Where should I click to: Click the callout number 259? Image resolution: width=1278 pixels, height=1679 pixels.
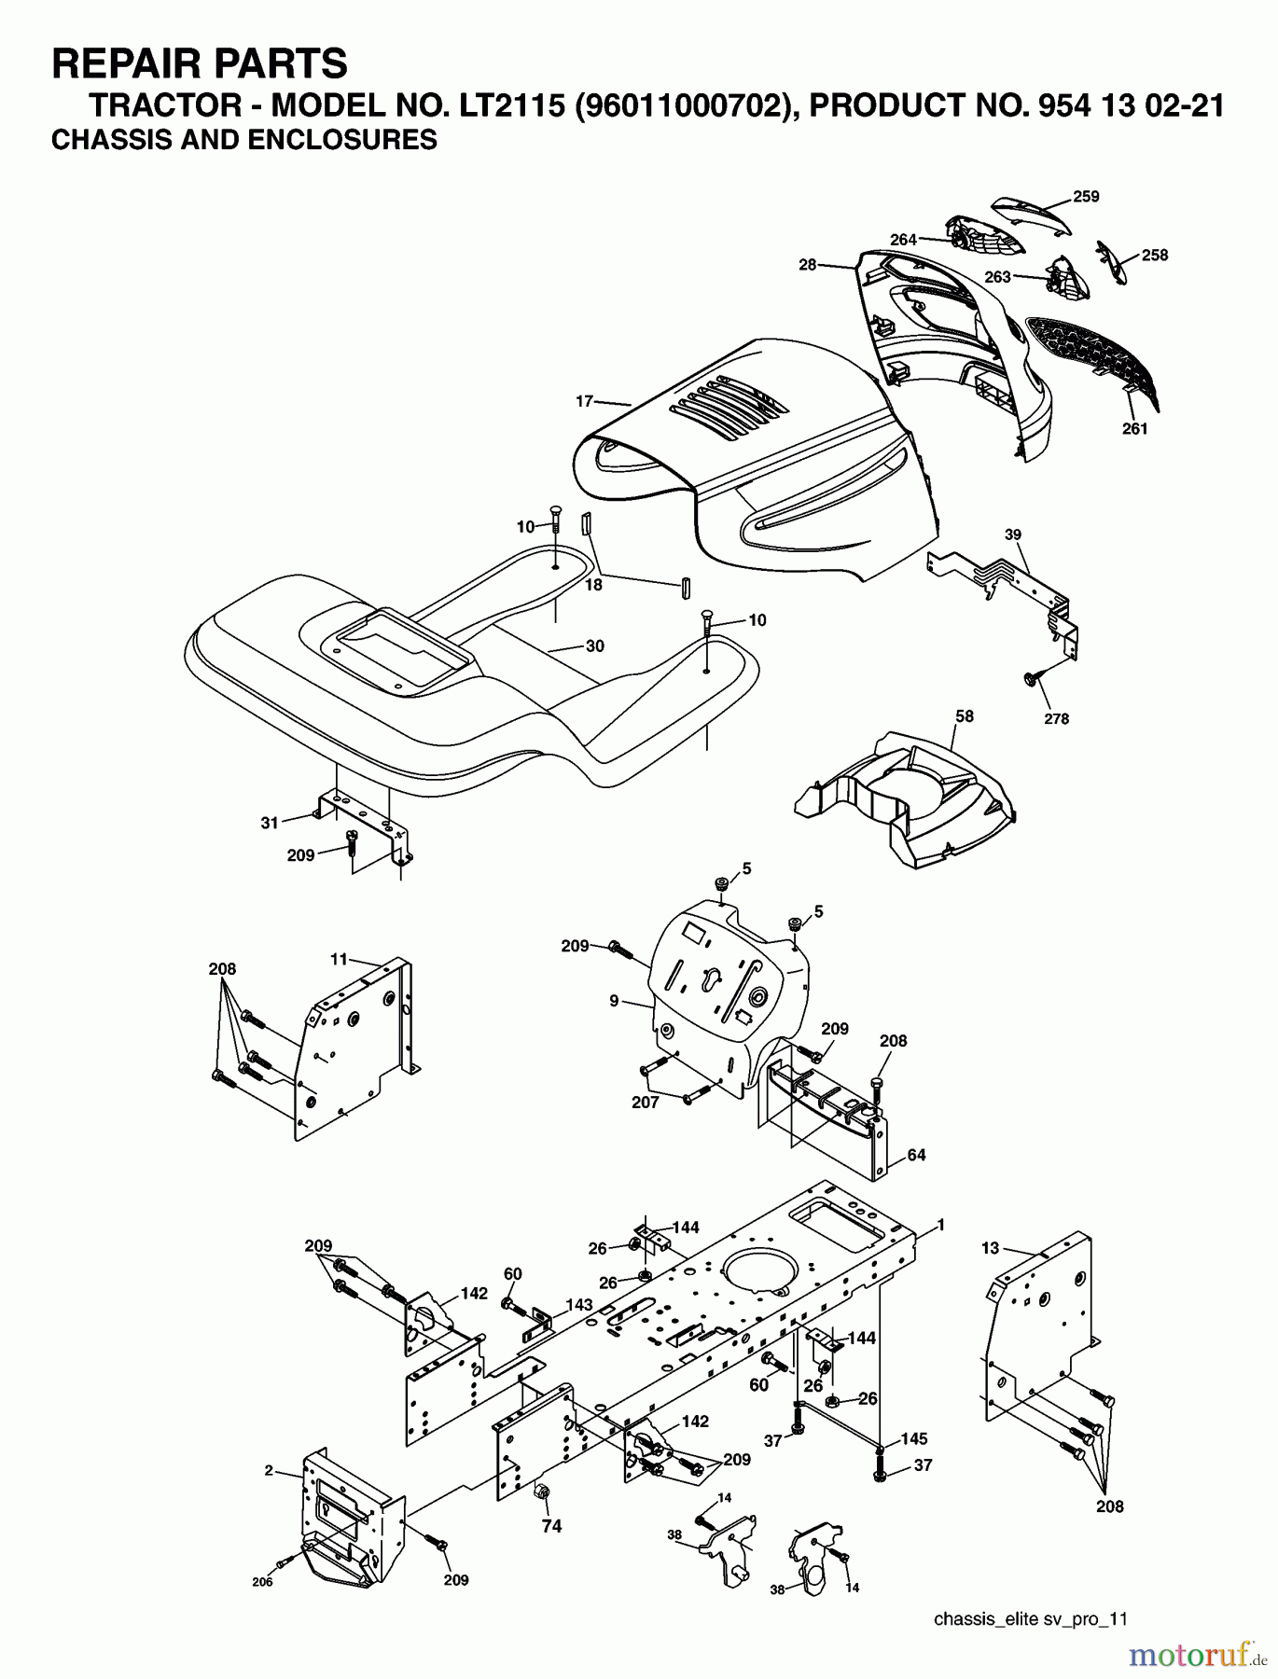point(1085,197)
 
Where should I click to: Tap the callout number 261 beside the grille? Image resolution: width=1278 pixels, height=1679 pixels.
point(1134,429)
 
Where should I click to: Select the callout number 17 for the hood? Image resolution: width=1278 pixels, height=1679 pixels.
point(584,402)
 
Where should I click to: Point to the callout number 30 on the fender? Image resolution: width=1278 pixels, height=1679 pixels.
point(594,646)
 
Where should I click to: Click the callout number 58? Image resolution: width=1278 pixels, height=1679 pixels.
point(964,716)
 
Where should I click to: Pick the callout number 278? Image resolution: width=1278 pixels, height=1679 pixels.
point(1056,719)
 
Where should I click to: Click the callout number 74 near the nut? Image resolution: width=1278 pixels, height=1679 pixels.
point(553,1528)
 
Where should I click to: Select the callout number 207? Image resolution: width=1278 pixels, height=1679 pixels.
point(645,1103)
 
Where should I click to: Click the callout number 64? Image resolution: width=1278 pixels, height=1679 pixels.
point(916,1155)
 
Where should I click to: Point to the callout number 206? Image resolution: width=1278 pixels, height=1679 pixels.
point(262,1582)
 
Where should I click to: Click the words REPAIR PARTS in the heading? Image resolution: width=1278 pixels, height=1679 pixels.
point(200,64)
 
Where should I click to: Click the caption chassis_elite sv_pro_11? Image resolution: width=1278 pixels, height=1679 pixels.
point(1030,1619)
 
